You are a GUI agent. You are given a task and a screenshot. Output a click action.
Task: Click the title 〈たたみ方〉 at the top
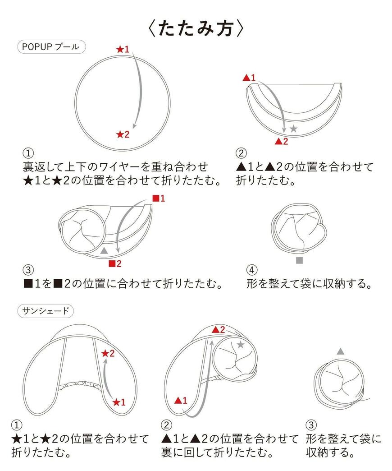196,28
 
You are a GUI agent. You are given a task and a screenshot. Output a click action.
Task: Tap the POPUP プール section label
50,47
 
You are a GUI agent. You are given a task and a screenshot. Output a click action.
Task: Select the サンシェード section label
45,310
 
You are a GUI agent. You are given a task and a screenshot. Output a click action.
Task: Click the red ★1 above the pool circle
123,49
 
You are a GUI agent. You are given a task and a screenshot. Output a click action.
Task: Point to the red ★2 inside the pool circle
123,134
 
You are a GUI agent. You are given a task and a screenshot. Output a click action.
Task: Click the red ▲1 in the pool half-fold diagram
249,78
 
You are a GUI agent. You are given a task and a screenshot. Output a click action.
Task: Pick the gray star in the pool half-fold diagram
293,129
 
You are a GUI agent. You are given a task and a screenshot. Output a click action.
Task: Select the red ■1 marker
159,198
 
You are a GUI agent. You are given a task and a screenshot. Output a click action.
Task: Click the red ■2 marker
115,263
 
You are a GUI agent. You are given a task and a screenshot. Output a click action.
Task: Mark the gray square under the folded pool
300,260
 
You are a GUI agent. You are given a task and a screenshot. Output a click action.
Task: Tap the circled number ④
252,270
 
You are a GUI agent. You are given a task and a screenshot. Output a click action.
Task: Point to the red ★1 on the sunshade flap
119,402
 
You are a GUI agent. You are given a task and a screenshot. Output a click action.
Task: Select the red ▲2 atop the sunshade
218,330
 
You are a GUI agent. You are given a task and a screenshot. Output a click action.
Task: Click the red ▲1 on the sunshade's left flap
181,400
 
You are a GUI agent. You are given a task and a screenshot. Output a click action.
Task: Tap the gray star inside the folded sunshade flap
241,345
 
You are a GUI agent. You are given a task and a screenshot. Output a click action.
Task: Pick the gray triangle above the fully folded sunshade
341,351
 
